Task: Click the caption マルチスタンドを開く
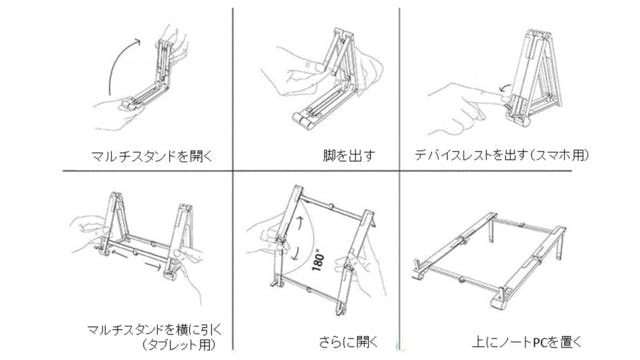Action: pos(152,156)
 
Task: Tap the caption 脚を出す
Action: pos(349,156)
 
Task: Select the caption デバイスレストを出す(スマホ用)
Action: pos(502,155)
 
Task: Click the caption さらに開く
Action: pos(349,342)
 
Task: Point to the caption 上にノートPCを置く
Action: pos(527,342)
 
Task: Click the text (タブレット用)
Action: pos(178,345)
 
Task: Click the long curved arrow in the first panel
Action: pos(119,64)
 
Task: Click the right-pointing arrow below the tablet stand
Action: pos(153,266)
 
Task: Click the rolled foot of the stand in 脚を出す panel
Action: pos(304,120)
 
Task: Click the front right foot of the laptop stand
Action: pos(500,299)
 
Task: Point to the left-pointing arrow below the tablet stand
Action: pos(121,254)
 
